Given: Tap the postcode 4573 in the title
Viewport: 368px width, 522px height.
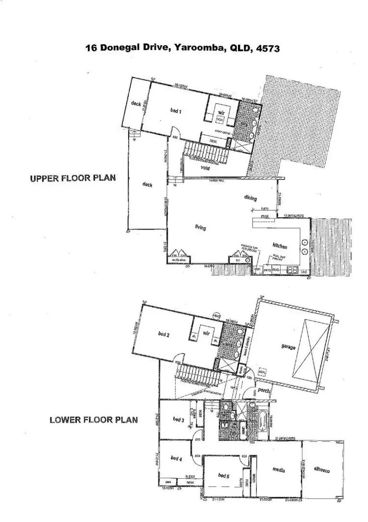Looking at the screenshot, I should (267, 48).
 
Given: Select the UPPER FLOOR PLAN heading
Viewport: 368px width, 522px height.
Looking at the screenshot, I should (73, 178).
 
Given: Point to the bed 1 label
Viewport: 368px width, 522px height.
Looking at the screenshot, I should (176, 112).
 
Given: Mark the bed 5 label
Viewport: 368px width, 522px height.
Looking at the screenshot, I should (223, 475).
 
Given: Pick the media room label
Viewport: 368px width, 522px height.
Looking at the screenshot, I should (279, 470).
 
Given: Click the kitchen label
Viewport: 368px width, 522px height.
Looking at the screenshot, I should (280, 246).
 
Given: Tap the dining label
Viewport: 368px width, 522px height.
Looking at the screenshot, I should (251, 198).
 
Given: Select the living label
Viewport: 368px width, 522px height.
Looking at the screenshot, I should (200, 228).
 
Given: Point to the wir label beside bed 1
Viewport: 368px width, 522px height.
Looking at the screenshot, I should (221, 113).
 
